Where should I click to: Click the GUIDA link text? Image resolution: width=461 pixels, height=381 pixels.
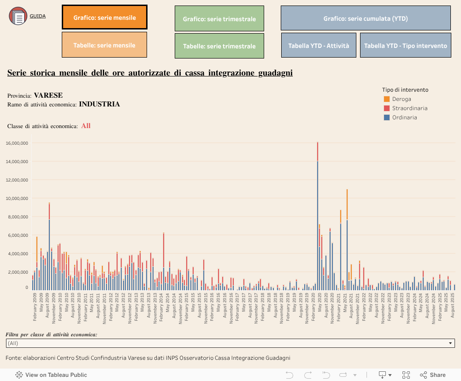pos(37,16)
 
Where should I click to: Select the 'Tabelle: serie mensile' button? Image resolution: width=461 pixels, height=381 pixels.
pos(104,45)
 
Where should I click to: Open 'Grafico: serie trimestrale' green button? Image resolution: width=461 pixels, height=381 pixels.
pos(219,19)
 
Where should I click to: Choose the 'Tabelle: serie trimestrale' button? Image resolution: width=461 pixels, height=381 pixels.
pos(219,46)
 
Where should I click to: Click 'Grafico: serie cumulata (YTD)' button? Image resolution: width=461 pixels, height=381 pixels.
pos(366,18)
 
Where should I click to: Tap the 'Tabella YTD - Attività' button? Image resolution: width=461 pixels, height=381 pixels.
pos(319,46)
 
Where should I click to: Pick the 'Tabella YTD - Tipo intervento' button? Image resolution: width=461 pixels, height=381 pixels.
pos(405,46)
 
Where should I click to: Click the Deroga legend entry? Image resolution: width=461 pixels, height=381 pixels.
pos(401,99)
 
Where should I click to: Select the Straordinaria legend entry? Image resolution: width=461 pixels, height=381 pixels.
pos(409,108)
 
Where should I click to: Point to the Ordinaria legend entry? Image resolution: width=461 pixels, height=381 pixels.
pos(404,117)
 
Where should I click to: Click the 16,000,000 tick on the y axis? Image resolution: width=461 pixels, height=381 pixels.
pos(17,143)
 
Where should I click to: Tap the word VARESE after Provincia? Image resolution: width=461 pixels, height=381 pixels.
pos(48,95)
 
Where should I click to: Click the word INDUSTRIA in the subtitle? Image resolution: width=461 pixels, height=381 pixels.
pos(99,104)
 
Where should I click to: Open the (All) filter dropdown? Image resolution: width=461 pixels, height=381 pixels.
pos(230,343)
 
